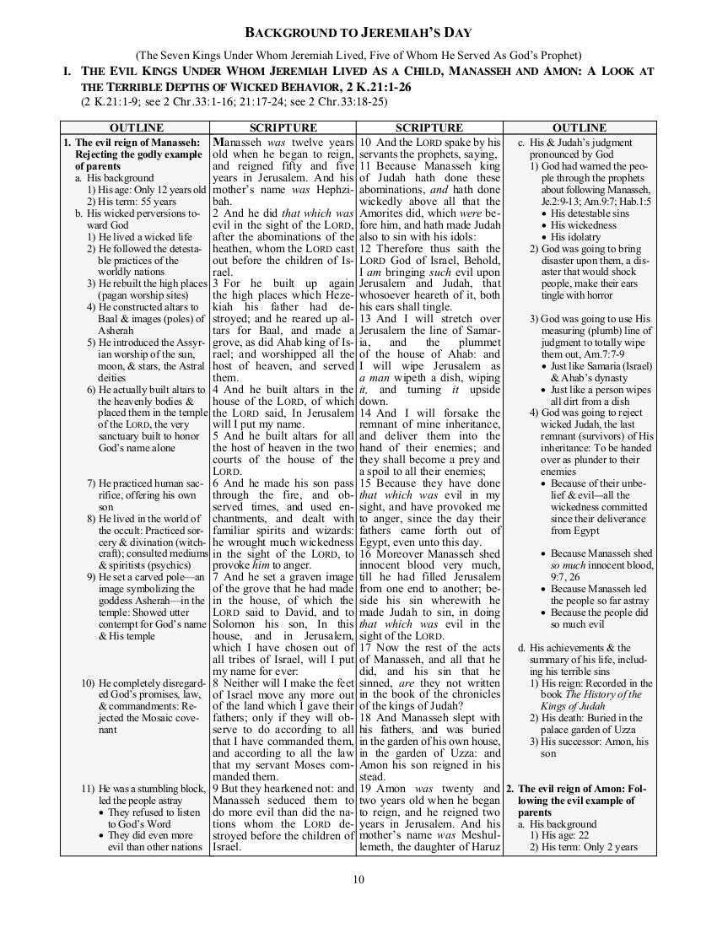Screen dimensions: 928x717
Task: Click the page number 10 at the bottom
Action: pos(358,880)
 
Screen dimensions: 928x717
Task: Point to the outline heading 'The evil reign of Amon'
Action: pos(582,788)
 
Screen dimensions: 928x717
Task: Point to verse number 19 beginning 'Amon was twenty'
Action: pos(366,788)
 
